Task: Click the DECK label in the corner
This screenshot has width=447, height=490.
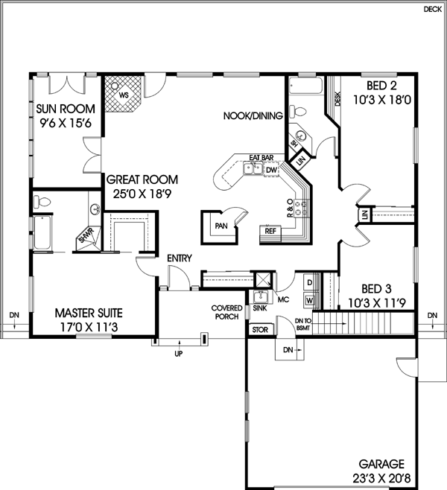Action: tap(433, 9)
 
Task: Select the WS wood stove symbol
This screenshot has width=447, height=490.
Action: tap(124, 95)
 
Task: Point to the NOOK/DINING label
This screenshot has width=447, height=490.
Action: tap(252, 115)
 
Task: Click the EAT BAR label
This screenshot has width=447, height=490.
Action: tap(261, 158)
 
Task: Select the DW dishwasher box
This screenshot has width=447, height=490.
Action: tap(271, 171)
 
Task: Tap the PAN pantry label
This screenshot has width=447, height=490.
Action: tap(220, 226)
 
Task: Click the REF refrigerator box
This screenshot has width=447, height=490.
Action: tap(271, 232)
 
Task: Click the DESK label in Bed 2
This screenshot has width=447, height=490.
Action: tap(337, 98)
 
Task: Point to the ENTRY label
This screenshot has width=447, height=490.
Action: tap(180, 258)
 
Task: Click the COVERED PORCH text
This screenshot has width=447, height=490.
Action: tap(224, 312)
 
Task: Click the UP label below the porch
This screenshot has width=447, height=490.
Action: tap(178, 353)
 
